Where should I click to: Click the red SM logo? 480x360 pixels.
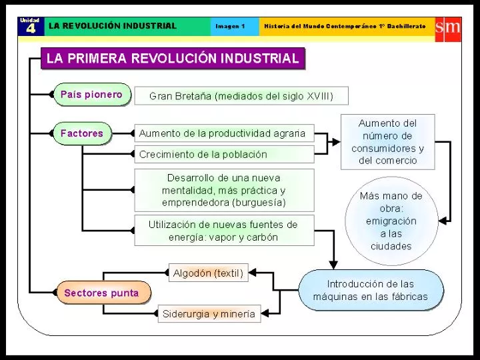pos(448,29)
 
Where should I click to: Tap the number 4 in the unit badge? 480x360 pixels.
pos(31,29)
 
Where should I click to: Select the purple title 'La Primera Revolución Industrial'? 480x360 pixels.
pos(173,58)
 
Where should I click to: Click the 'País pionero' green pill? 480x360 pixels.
pos(92,95)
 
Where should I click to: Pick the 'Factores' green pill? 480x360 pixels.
pos(83,133)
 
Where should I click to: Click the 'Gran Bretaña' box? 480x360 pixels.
pos(241,96)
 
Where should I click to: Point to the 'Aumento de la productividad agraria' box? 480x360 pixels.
pos(224,133)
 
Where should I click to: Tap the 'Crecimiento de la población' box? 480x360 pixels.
pos(224,154)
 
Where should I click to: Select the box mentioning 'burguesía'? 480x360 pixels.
pos(224,190)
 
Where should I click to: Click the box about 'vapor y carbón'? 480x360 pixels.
pos(224,231)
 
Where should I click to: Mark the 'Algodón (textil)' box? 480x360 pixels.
pos(209,273)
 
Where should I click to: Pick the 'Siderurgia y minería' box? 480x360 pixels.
pos(209,313)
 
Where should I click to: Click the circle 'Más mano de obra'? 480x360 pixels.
pos(391,221)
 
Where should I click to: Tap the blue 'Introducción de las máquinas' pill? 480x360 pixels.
pos(371,290)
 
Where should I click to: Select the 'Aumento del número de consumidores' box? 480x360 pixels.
pos(387,142)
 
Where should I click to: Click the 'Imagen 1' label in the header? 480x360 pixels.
pos(230,26)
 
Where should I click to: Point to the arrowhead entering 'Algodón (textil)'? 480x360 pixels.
pos(252,273)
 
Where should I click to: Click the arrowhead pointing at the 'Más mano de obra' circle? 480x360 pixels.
pos(443,221)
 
